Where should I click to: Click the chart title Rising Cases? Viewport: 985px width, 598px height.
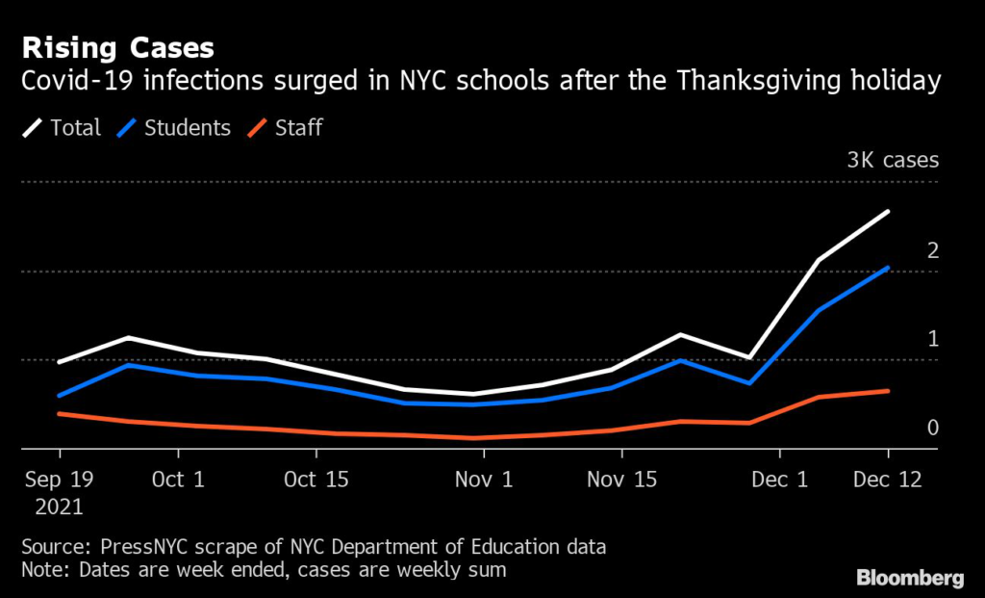(117, 48)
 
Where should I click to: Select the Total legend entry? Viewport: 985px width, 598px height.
(62, 128)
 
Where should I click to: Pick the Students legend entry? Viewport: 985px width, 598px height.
(174, 128)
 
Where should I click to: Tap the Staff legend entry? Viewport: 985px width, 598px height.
(285, 128)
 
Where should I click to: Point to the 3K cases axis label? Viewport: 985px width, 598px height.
(893, 160)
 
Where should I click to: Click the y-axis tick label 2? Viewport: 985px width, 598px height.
(933, 250)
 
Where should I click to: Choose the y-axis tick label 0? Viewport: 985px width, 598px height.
(933, 428)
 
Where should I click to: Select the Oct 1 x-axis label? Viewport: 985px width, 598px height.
(178, 480)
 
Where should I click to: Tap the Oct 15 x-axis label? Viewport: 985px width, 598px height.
(316, 480)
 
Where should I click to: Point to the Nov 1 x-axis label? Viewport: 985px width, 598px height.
(484, 480)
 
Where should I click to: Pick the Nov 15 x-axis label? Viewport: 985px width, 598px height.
(622, 480)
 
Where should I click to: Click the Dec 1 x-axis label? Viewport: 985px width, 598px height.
(779, 480)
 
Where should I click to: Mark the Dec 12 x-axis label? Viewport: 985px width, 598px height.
(888, 480)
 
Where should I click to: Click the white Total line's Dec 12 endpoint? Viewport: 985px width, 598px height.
(888, 211)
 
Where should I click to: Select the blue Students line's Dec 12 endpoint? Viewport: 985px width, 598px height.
(888, 268)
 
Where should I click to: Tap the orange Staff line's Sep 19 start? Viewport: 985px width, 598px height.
(59, 413)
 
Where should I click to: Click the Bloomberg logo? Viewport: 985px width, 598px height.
(910, 578)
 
